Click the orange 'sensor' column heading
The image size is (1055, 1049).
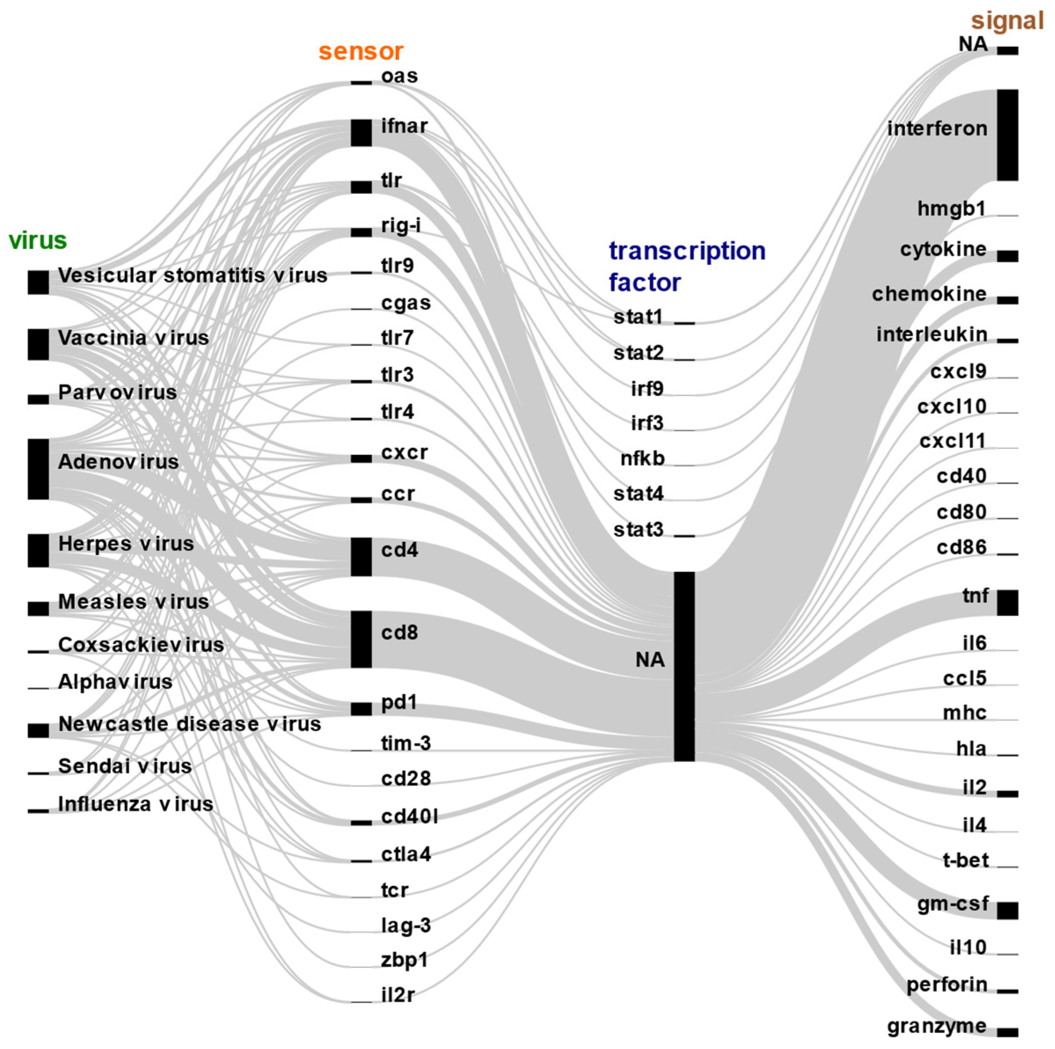[x=361, y=51]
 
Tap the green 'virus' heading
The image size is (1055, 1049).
[x=38, y=240]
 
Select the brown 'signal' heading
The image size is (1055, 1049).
[x=1007, y=21]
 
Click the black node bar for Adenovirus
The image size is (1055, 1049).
[x=38, y=468]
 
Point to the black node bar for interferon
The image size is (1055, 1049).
[x=1008, y=135]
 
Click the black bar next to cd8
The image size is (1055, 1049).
[x=361, y=639]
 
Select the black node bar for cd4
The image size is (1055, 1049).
[x=361, y=556]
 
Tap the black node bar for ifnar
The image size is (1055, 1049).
[x=361, y=133]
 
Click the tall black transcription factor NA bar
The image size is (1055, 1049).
[x=684, y=666]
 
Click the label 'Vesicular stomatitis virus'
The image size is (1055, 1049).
[x=192, y=275]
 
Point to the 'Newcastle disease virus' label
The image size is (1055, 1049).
[x=190, y=724]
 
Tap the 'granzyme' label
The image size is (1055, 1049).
[x=937, y=1026]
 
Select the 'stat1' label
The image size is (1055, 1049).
[x=638, y=317]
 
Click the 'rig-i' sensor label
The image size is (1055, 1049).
[x=401, y=225]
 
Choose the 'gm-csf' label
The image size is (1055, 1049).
[x=953, y=904]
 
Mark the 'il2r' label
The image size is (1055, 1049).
[x=398, y=995]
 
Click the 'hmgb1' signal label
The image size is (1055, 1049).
[x=951, y=208]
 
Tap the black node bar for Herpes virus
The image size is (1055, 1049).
[x=38, y=550]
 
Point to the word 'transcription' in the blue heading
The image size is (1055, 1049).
[x=687, y=251]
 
